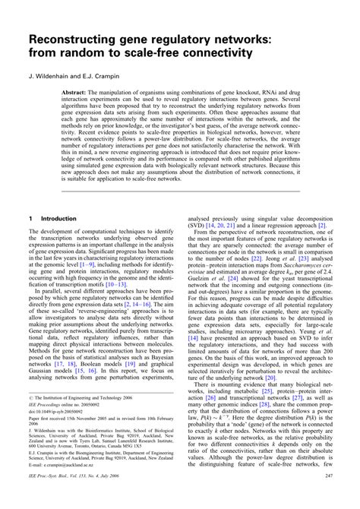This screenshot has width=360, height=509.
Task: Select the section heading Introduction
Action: [x=58, y=217]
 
